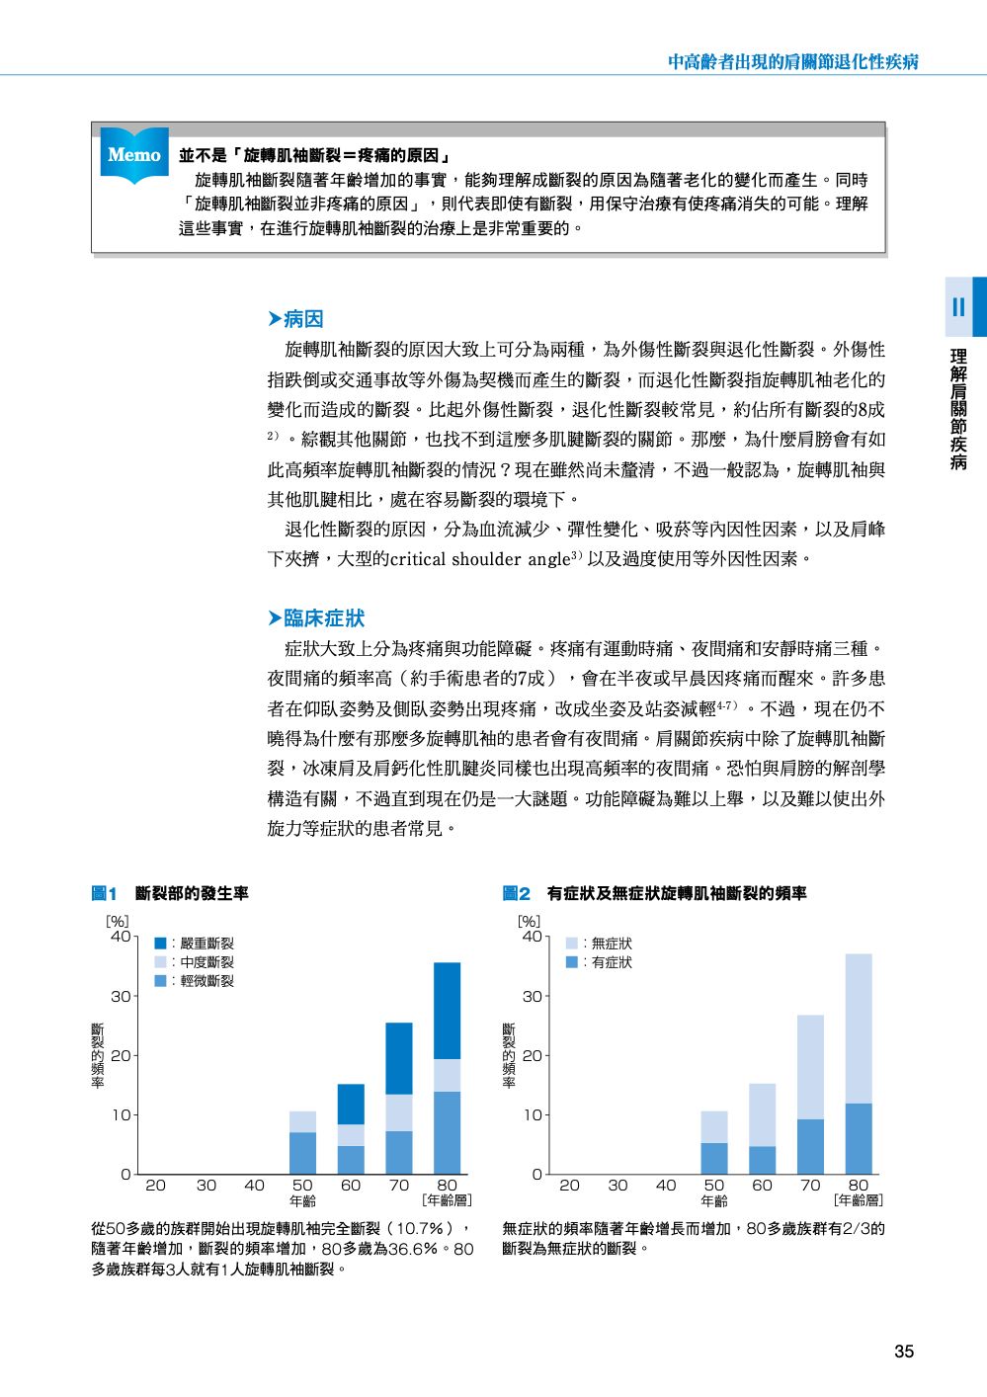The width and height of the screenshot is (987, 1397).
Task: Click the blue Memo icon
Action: click(x=134, y=156)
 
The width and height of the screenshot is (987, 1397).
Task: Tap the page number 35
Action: click(x=903, y=1352)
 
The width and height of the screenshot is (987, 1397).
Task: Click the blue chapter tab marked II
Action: click(x=959, y=306)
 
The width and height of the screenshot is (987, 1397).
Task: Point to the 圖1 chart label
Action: click(x=105, y=894)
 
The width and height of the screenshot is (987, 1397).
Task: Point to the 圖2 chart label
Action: click(x=517, y=894)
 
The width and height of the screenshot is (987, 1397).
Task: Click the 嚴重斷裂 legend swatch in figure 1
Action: click(x=160, y=944)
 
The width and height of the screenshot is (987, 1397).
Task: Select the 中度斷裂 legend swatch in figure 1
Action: click(x=160, y=962)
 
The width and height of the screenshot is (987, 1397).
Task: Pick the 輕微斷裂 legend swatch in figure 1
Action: click(x=160, y=981)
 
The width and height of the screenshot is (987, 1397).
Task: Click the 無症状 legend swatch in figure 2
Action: click(x=571, y=944)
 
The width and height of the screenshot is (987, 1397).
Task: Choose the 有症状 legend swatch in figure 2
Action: click(x=571, y=962)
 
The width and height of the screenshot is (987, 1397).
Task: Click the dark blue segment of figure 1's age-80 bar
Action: click(x=447, y=1011)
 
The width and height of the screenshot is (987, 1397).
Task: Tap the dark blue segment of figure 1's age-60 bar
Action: click(x=351, y=1104)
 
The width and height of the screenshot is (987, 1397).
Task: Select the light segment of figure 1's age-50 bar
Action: click(x=302, y=1121)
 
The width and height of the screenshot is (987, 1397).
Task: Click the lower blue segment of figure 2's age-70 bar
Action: click(x=810, y=1146)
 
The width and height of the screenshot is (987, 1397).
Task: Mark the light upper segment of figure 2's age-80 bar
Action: click(x=859, y=1028)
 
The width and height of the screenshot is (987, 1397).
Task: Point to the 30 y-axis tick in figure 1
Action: click(x=120, y=996)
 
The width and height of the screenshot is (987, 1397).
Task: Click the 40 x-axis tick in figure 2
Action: click(x=666, y=1186)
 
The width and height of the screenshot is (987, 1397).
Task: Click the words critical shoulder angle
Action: click(x=480, y=559)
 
